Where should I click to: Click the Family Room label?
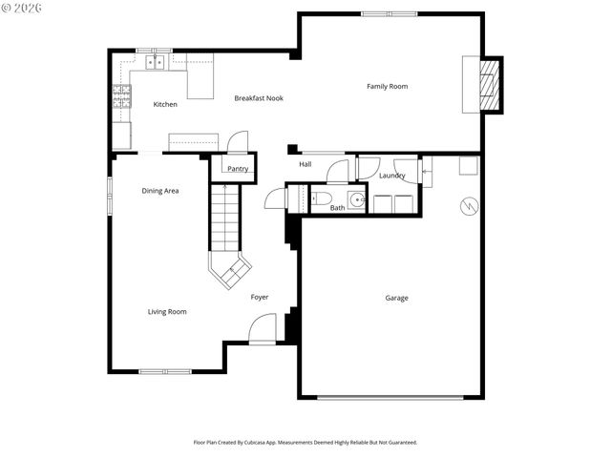coord(387,87)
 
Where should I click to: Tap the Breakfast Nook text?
coord(259,98)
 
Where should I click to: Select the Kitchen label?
coord(165,104)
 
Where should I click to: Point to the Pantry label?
coord(238,169)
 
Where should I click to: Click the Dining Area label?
coord(160,191)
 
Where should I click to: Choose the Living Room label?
coord(166,312)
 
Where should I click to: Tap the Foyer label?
coord(260,298)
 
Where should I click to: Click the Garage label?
coord(396,299)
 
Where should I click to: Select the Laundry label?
coord(391,176)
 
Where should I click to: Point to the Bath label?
coord(337,207)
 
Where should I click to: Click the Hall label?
coord(305,164)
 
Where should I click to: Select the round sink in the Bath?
coord(355,200)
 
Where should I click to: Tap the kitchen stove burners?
coord(121,94)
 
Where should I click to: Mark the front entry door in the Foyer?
coord(262,330)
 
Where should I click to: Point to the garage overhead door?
coord(391,396)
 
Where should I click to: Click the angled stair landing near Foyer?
coord(230,272)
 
